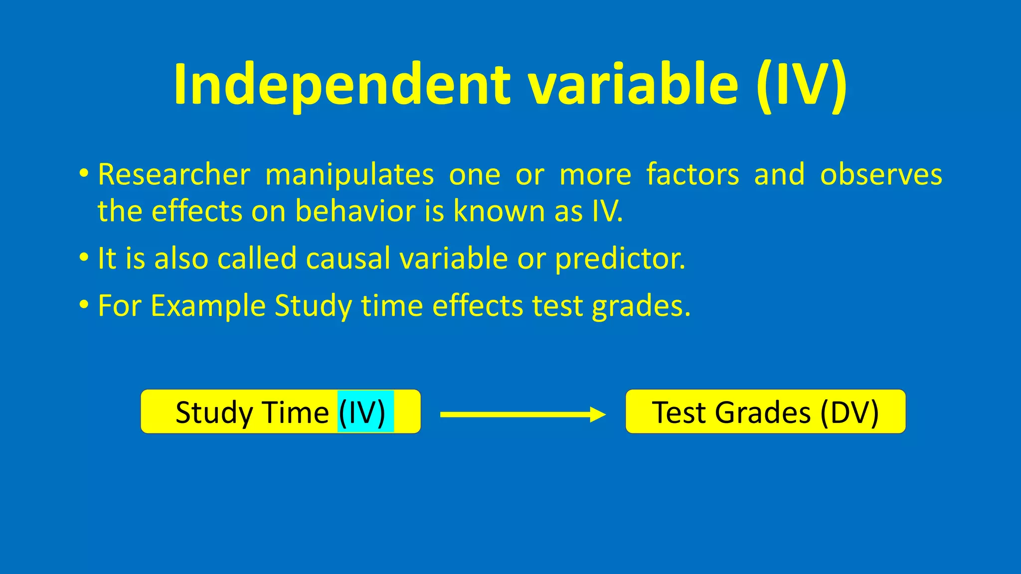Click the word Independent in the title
[342, 85]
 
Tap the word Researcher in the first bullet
[174, 175]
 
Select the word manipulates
[349, 175]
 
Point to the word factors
[692, 175]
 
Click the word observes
[881, 175]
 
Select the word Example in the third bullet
[208, 306]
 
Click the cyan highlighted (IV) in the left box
[363, 413]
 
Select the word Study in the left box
[214, 413]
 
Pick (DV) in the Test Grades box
[849, 413]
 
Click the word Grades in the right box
[763, 413]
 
